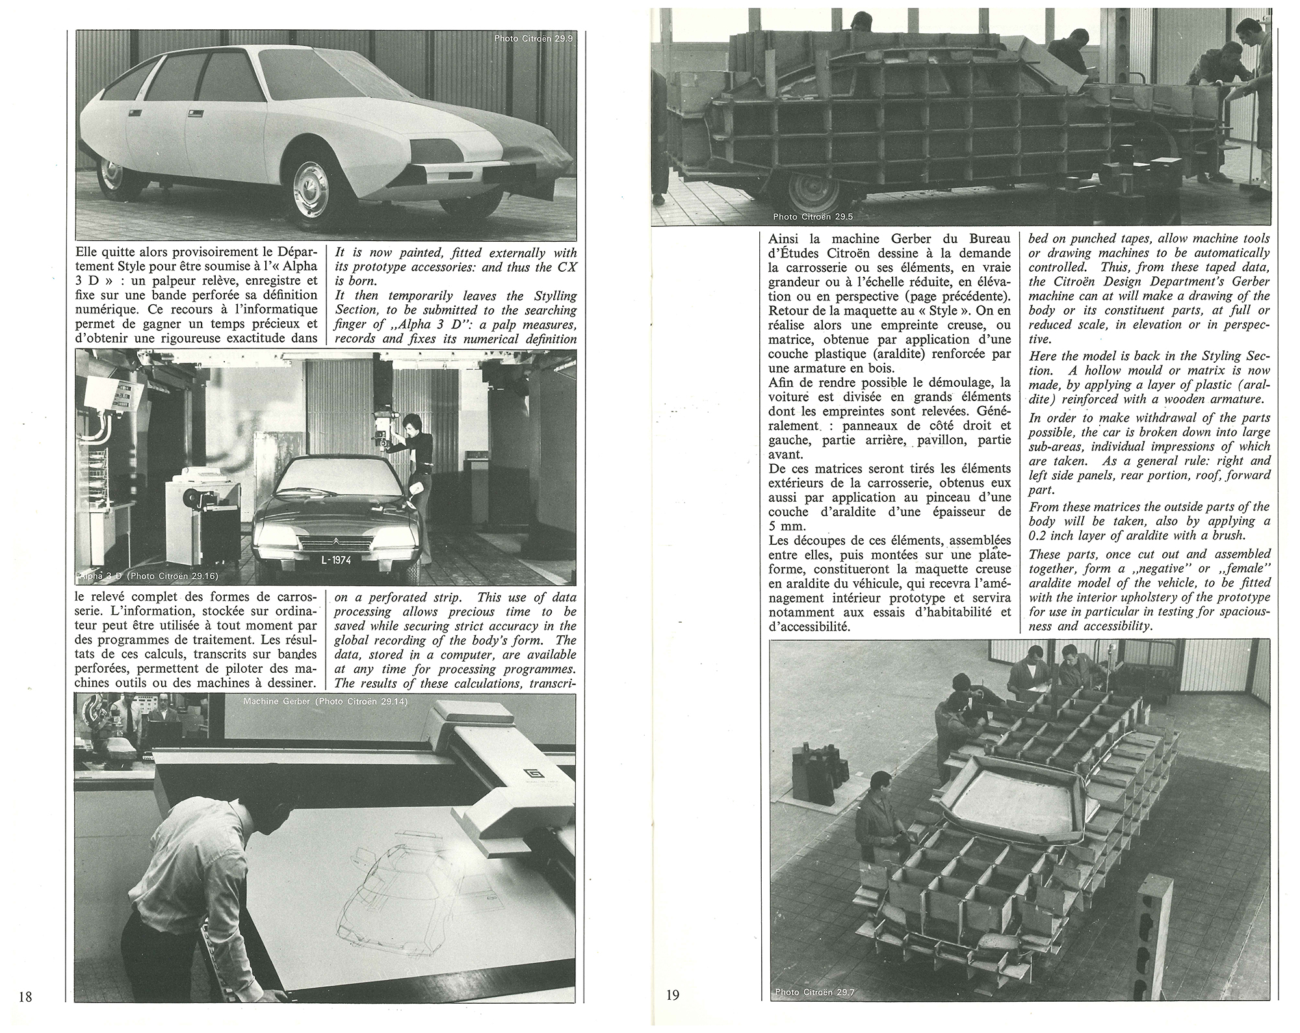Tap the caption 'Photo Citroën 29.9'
(x=534, y=38)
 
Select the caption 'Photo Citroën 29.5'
(x=812, y=216)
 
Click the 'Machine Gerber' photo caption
(x=325, y=702)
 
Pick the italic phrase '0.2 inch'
(x=1052, y=535)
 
